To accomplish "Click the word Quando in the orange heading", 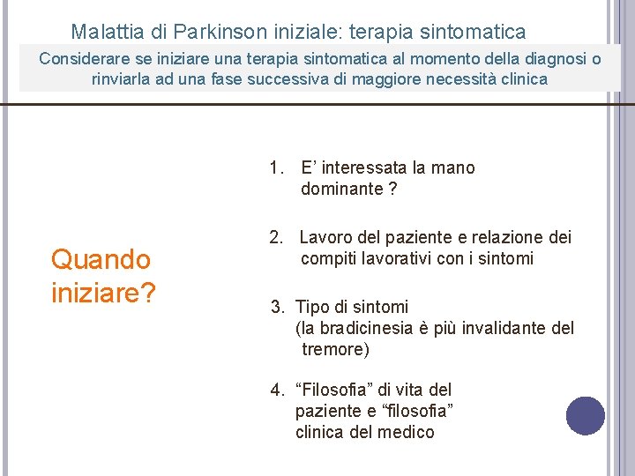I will click(101, 259).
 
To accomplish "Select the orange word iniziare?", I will click(103, 292).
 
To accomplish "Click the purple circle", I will click(586, 416).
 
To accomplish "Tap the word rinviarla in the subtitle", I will click(124, 79).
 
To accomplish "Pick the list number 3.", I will click(277, 307).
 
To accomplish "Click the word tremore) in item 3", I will click(335, 350).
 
